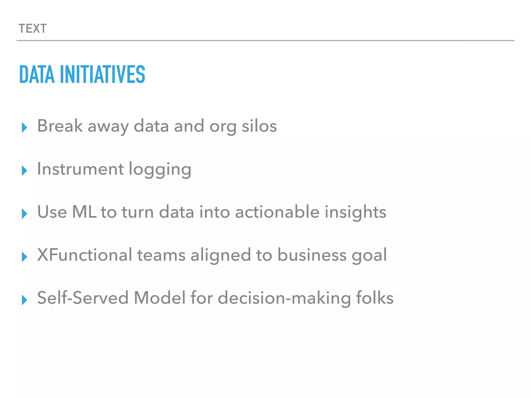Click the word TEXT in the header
click(x=33, y=29)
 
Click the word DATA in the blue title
click(x=37, y=74)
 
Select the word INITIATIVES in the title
click(x=102, y=74)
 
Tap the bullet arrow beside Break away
click(x=24, y=127)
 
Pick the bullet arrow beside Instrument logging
click(x=24, y=170)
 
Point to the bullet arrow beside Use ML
click(x=24, y=214)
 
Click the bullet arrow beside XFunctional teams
click(x=24, y=257)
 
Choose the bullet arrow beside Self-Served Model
click(x=24, y=300)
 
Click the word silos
click(x=259, y=126)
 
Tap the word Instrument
click(x=80, y=169)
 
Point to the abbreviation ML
click(x=84, y=212)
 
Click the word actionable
click(x=277, y=212)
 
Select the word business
click(x=312, y=255)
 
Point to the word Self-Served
click(x=83, y=298)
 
